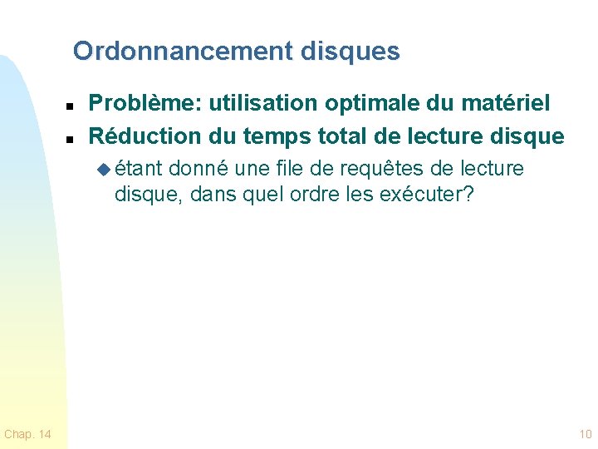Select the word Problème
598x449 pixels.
click(145, 104)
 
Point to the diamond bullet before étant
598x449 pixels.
click(103, 169)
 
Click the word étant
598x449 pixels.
click(140, 169)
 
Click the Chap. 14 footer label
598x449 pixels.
click(27, 434)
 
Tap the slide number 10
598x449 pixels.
click(585, 434)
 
